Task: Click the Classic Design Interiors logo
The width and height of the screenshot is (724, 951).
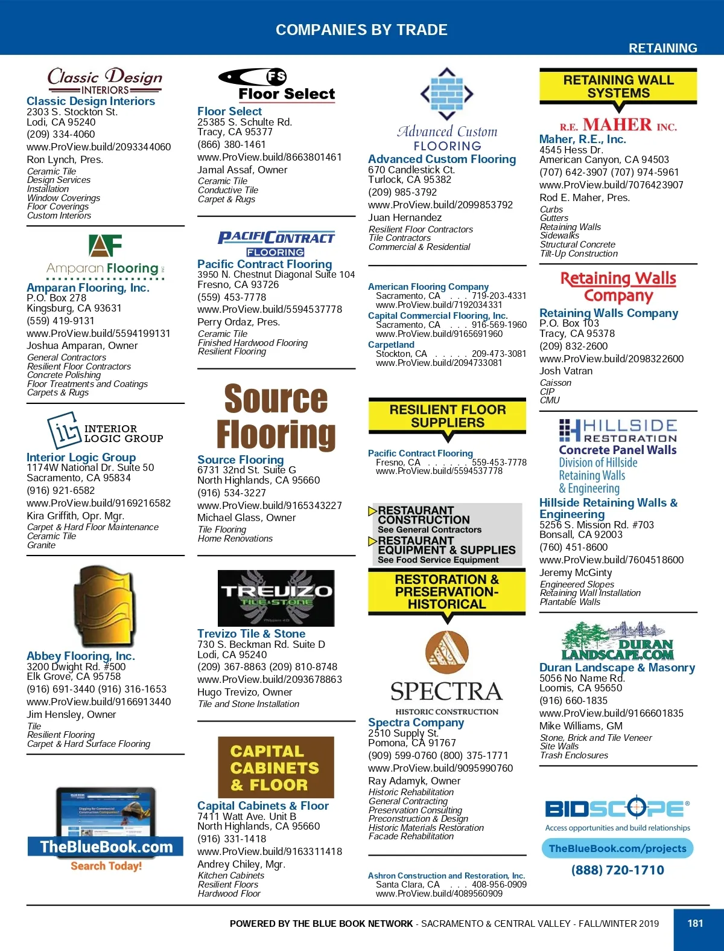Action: click(105, 81)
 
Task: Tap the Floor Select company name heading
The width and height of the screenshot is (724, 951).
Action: click(229, 111)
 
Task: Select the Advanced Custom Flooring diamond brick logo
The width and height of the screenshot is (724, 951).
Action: click(446, 94)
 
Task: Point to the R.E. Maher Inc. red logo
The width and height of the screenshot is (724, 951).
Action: click(618, 125)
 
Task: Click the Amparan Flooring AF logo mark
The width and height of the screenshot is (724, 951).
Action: click(106, 245)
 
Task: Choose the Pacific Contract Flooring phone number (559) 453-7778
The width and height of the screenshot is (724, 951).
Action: click(232, 297)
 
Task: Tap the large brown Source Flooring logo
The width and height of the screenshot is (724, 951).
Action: click(276, 417)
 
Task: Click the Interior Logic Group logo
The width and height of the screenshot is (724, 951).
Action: click(106, 431)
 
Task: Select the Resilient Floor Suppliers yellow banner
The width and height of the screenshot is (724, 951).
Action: click(447, 416)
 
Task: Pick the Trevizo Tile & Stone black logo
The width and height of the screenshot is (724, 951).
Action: click(276, 597)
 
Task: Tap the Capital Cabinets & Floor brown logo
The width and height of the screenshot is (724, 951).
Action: click(276, 767)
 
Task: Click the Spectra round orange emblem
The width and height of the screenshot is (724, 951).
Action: click(447, 653)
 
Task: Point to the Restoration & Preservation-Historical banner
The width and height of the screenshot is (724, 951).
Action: click(447, 592)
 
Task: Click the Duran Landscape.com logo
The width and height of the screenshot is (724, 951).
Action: click(618, 641)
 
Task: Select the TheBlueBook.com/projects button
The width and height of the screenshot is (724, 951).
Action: click(617, 848)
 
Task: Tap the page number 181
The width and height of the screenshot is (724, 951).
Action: click(695, 923)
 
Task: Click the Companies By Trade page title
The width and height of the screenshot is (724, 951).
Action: click(361, 30)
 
